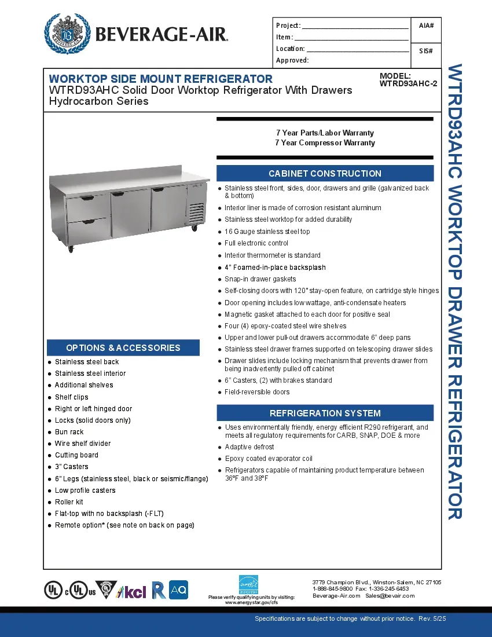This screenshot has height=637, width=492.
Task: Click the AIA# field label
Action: pyautogui.click(x=426, y=25)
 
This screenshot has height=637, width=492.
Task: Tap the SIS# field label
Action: pyautogui.click(x=426, y=51)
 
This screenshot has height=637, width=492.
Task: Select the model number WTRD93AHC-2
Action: pyautogui.click(x=408, y=83)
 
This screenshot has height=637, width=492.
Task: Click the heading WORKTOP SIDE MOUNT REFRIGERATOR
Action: pyautogui.click(x=160, y=79)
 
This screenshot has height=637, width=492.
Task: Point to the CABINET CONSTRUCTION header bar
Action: pyautogui.click(x=325, y=173)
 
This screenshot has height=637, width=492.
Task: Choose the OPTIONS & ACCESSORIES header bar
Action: pyautogui.click(x=123, y=347)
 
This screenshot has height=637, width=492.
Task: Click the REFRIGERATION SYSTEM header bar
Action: pyautogui.click(x=325, y=413)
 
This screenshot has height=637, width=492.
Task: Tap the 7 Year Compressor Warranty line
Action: pyautogui.click(x=325, y=143)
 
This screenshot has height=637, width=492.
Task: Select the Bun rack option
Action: pyautogui.click(x=69, y=432)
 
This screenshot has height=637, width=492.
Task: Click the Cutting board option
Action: pyautogui.click(x=76, y=455)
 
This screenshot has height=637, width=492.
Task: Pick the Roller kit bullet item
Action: pyautogui.click(x=69, y=502)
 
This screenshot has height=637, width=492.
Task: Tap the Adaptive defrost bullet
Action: pyautogui.click(x=249, y=447)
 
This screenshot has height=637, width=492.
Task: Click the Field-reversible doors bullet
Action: pyautogui.click(x=257, y=392)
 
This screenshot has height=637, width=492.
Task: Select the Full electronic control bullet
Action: pyautogui.click(x=256, y=243)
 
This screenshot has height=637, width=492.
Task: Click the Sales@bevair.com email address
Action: pyautogui.click(x=390, y=596)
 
